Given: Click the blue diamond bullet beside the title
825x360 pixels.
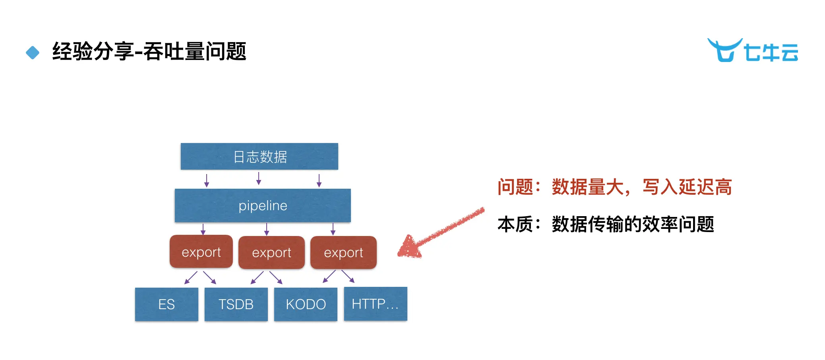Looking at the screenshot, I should [x=33, y=52].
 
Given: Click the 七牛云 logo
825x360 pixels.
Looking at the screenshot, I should [x=753, y=50].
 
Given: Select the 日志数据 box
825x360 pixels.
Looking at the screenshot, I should [x=259, y=157].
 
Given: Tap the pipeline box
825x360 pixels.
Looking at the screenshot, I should [x=263, y=205].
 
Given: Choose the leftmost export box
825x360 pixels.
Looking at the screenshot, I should [x=201, y=252].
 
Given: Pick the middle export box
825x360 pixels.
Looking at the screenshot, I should [x=271, y=253].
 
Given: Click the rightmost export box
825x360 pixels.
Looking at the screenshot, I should [x=343, y=253].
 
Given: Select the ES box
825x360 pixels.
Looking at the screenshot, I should [x=167, y=304].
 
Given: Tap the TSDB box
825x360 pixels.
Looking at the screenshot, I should [x=236, y=304].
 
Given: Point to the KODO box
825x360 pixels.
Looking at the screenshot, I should [x=306, y=304].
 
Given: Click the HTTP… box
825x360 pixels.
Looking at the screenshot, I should [x=375, y=304].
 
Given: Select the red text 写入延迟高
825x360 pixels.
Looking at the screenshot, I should [x=687, y=187].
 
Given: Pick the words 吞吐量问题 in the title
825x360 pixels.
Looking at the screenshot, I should [x=195, y=52].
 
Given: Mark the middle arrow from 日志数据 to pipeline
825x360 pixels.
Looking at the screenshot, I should [x=259, y=179].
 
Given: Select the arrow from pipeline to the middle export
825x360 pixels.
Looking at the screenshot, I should [x=267, y=229].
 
